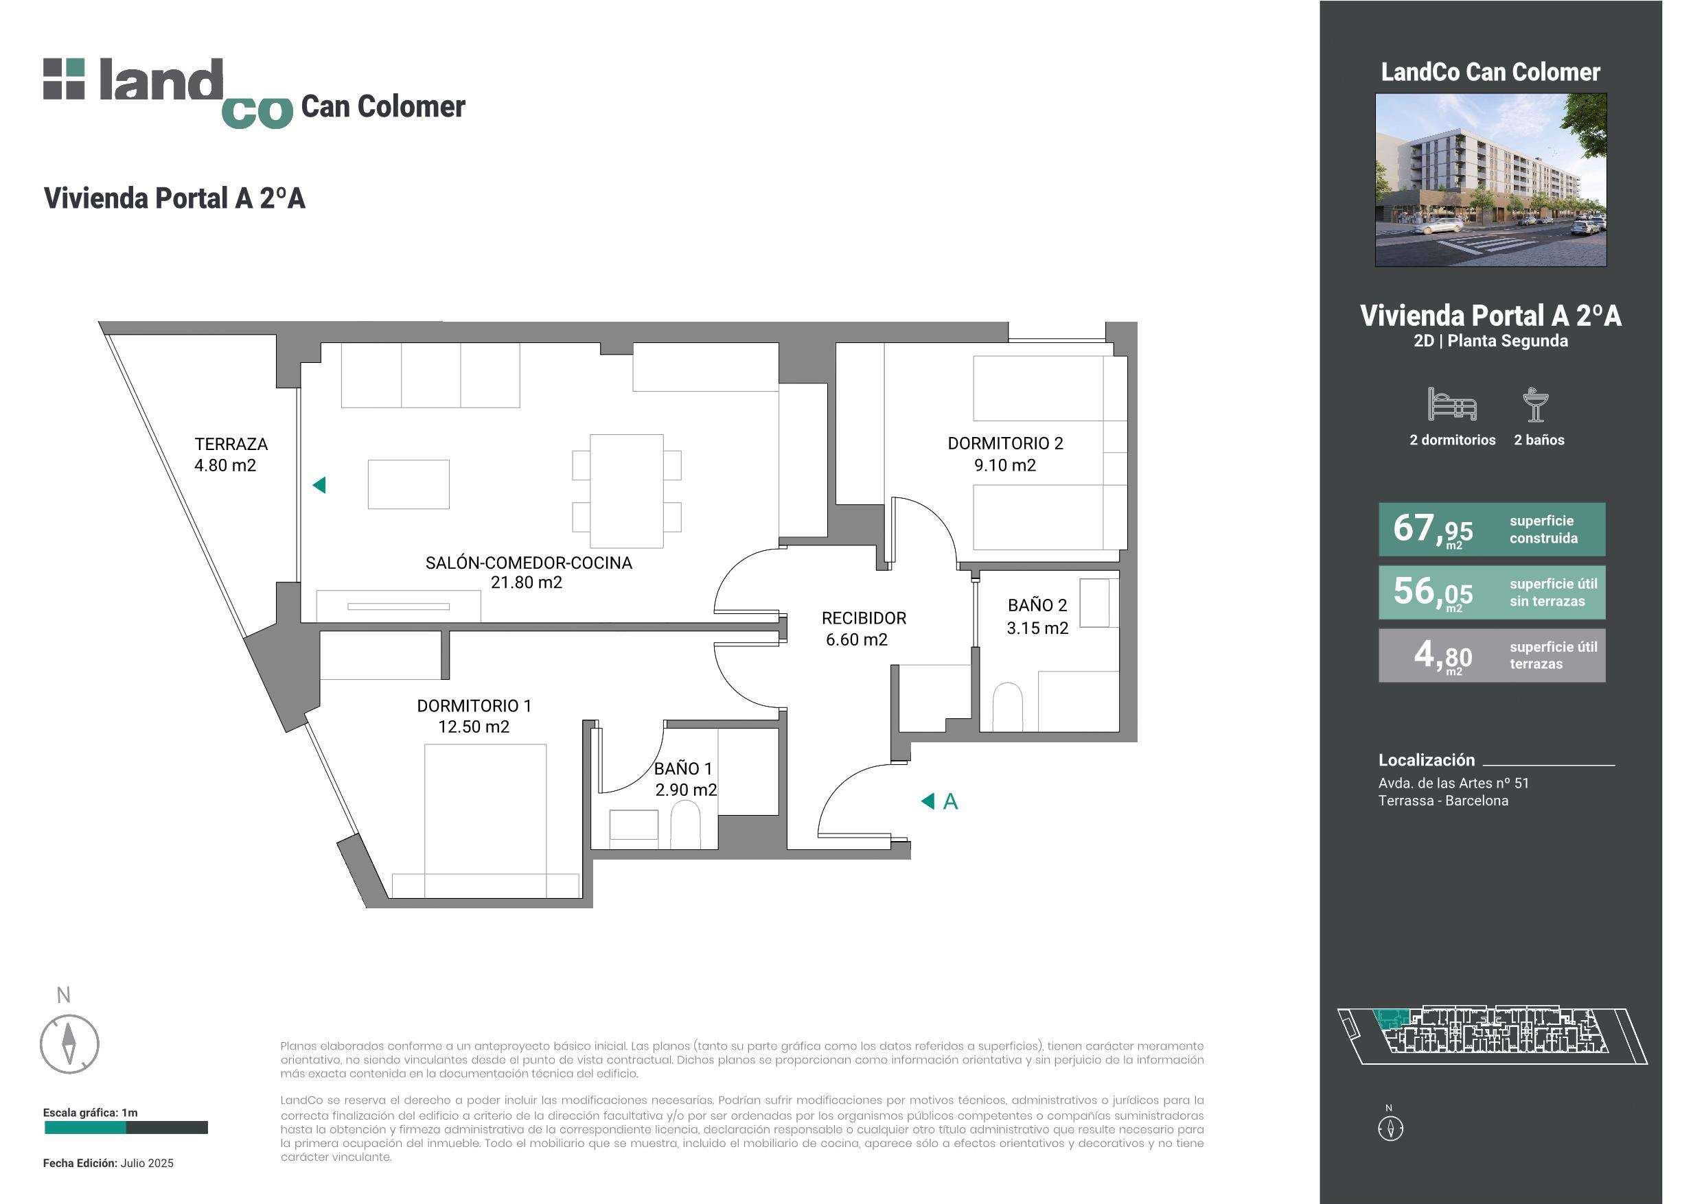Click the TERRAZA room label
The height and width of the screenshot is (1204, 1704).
point(231,445)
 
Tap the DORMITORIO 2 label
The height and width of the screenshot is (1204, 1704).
point(1005,444)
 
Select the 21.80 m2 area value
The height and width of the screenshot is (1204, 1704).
point(526,582)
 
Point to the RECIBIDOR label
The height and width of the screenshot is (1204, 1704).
point(864,618)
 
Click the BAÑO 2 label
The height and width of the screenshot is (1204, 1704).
point(1037,605)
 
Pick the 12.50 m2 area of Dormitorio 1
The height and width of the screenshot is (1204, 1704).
point(474,727)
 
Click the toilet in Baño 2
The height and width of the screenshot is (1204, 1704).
point(1007,707)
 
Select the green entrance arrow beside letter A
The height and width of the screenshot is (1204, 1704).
point(927,801)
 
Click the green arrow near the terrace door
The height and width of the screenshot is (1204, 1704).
point(319,485)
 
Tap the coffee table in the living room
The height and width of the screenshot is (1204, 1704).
point(408,484)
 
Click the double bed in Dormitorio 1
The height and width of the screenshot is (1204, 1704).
point(485,821)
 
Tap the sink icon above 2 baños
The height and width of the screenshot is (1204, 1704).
point(1536,404)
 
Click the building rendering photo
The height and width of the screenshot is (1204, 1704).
point(1490,180)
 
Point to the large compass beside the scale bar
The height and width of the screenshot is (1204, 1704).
point(69,1045)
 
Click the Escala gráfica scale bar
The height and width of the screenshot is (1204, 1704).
point(126,1128)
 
